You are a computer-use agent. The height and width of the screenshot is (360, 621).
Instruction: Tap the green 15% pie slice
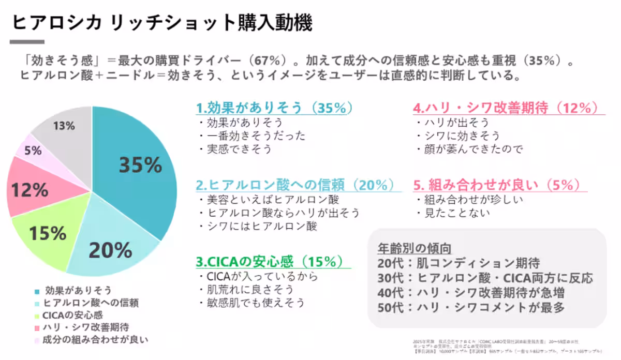(48, 233)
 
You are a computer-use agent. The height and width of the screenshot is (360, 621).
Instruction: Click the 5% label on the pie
(33, 151)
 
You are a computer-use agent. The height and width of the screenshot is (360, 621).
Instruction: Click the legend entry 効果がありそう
(78, 290)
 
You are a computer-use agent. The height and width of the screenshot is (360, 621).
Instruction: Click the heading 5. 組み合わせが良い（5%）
(496, 185)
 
